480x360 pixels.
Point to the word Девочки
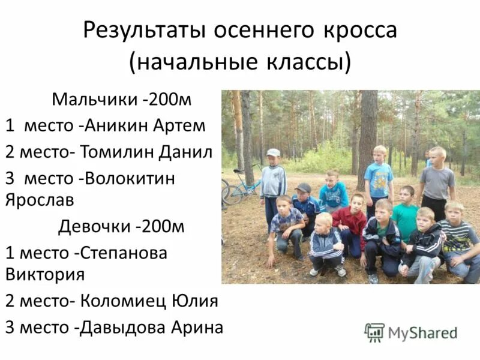click(95, 227)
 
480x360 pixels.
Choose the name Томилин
click(122, 151)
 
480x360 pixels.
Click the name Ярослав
click(38, 199)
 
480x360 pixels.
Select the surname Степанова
click(125, 253)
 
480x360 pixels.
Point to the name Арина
click(197, 327)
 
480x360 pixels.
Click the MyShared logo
click(411, 332)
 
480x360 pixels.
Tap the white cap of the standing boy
click(274, 152)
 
